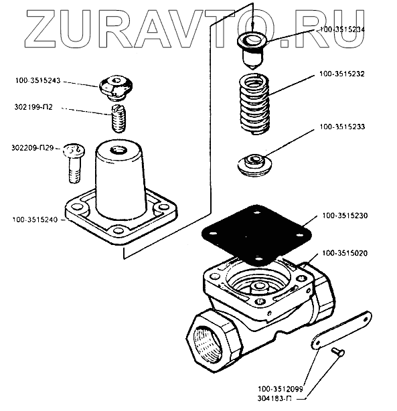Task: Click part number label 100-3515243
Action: [x=37, y=80]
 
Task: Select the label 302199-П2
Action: [x=33, y=107]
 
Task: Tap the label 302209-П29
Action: [x=32, y=148]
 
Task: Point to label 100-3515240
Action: [x=35, y=220]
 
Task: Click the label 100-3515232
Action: [x=342, y=74]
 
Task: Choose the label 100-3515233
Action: [x=342, y=127]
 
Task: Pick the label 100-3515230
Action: [x=345, y=216]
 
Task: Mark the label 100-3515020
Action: [x=345, y=253]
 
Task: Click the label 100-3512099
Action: [x=281, y=389]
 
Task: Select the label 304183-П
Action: [x=274, y=399]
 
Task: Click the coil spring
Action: [x=255, y=104]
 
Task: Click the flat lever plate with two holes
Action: [x=341, y=330]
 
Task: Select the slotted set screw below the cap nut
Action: [x=118, y=118]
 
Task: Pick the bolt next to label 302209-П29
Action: [x=74, y=163]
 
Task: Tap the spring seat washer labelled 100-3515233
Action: [x=254, y=165]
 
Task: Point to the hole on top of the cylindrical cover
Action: [x=118, y=151]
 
